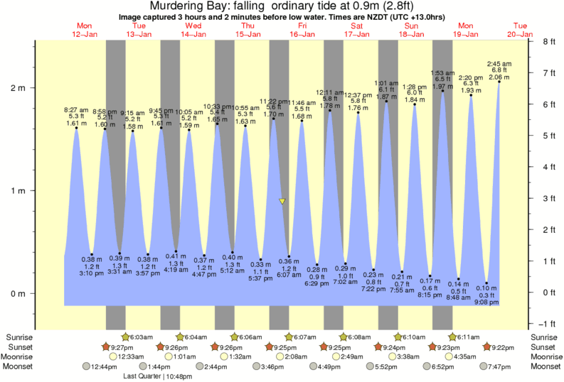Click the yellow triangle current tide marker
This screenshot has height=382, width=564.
click(282, 201)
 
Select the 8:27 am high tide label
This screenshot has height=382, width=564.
click(75, 110)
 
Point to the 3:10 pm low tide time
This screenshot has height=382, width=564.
click(92, 273)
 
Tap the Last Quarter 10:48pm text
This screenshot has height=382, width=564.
click(157, 376)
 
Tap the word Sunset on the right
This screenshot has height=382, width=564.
click(543, 346)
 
